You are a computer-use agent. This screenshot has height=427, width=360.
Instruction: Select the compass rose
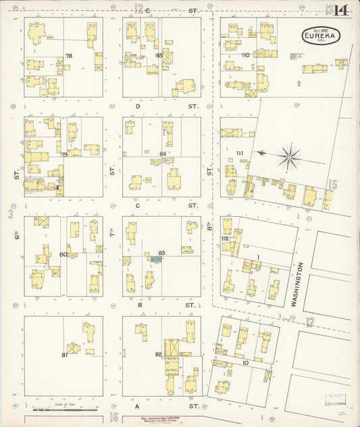click(x=289, y=157)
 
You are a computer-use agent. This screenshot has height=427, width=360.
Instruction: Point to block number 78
click(x=69, y=55)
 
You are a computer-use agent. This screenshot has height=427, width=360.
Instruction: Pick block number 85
click(x=159, y=55)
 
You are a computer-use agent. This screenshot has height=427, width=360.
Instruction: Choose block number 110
click(x=245, y=55)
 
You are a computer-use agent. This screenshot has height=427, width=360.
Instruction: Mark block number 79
click(x=64, y=155)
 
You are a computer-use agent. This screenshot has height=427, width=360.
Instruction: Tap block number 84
click(x=162, y=154)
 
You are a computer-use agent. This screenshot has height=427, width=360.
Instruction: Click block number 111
click(x=240, y=153)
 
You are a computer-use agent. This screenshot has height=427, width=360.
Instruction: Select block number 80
click(x=63, y=254)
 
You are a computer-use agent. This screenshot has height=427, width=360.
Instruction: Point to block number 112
click(x=225, y=238)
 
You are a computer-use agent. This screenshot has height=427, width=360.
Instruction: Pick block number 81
click(x=65, y=354)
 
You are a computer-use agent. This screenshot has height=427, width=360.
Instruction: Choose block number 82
click(x=158, y=354)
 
